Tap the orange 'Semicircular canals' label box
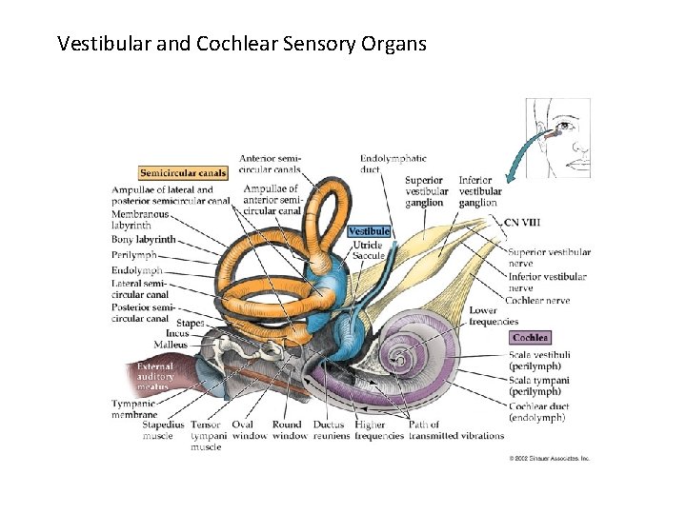pos(183,173)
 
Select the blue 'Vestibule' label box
pos(369,231)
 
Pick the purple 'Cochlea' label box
pos(530,338)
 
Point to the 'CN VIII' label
pos(522,222)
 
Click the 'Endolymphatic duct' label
pos(393,164)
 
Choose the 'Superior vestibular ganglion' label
pos(426,191)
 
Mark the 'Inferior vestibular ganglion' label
pos(479,191)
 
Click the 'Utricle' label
pos(368,245)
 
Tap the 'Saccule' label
pos(369,255)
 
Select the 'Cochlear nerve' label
pos(537,301)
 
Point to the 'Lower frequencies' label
pos(494,316)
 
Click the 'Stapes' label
pos(191,324)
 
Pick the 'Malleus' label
pos(171,345)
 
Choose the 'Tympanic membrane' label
pos(133,409)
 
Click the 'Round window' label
pos(286,430)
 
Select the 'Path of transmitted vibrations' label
pos(456,430)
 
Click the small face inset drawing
pos(558,137)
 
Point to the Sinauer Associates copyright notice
pos(550,458)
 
